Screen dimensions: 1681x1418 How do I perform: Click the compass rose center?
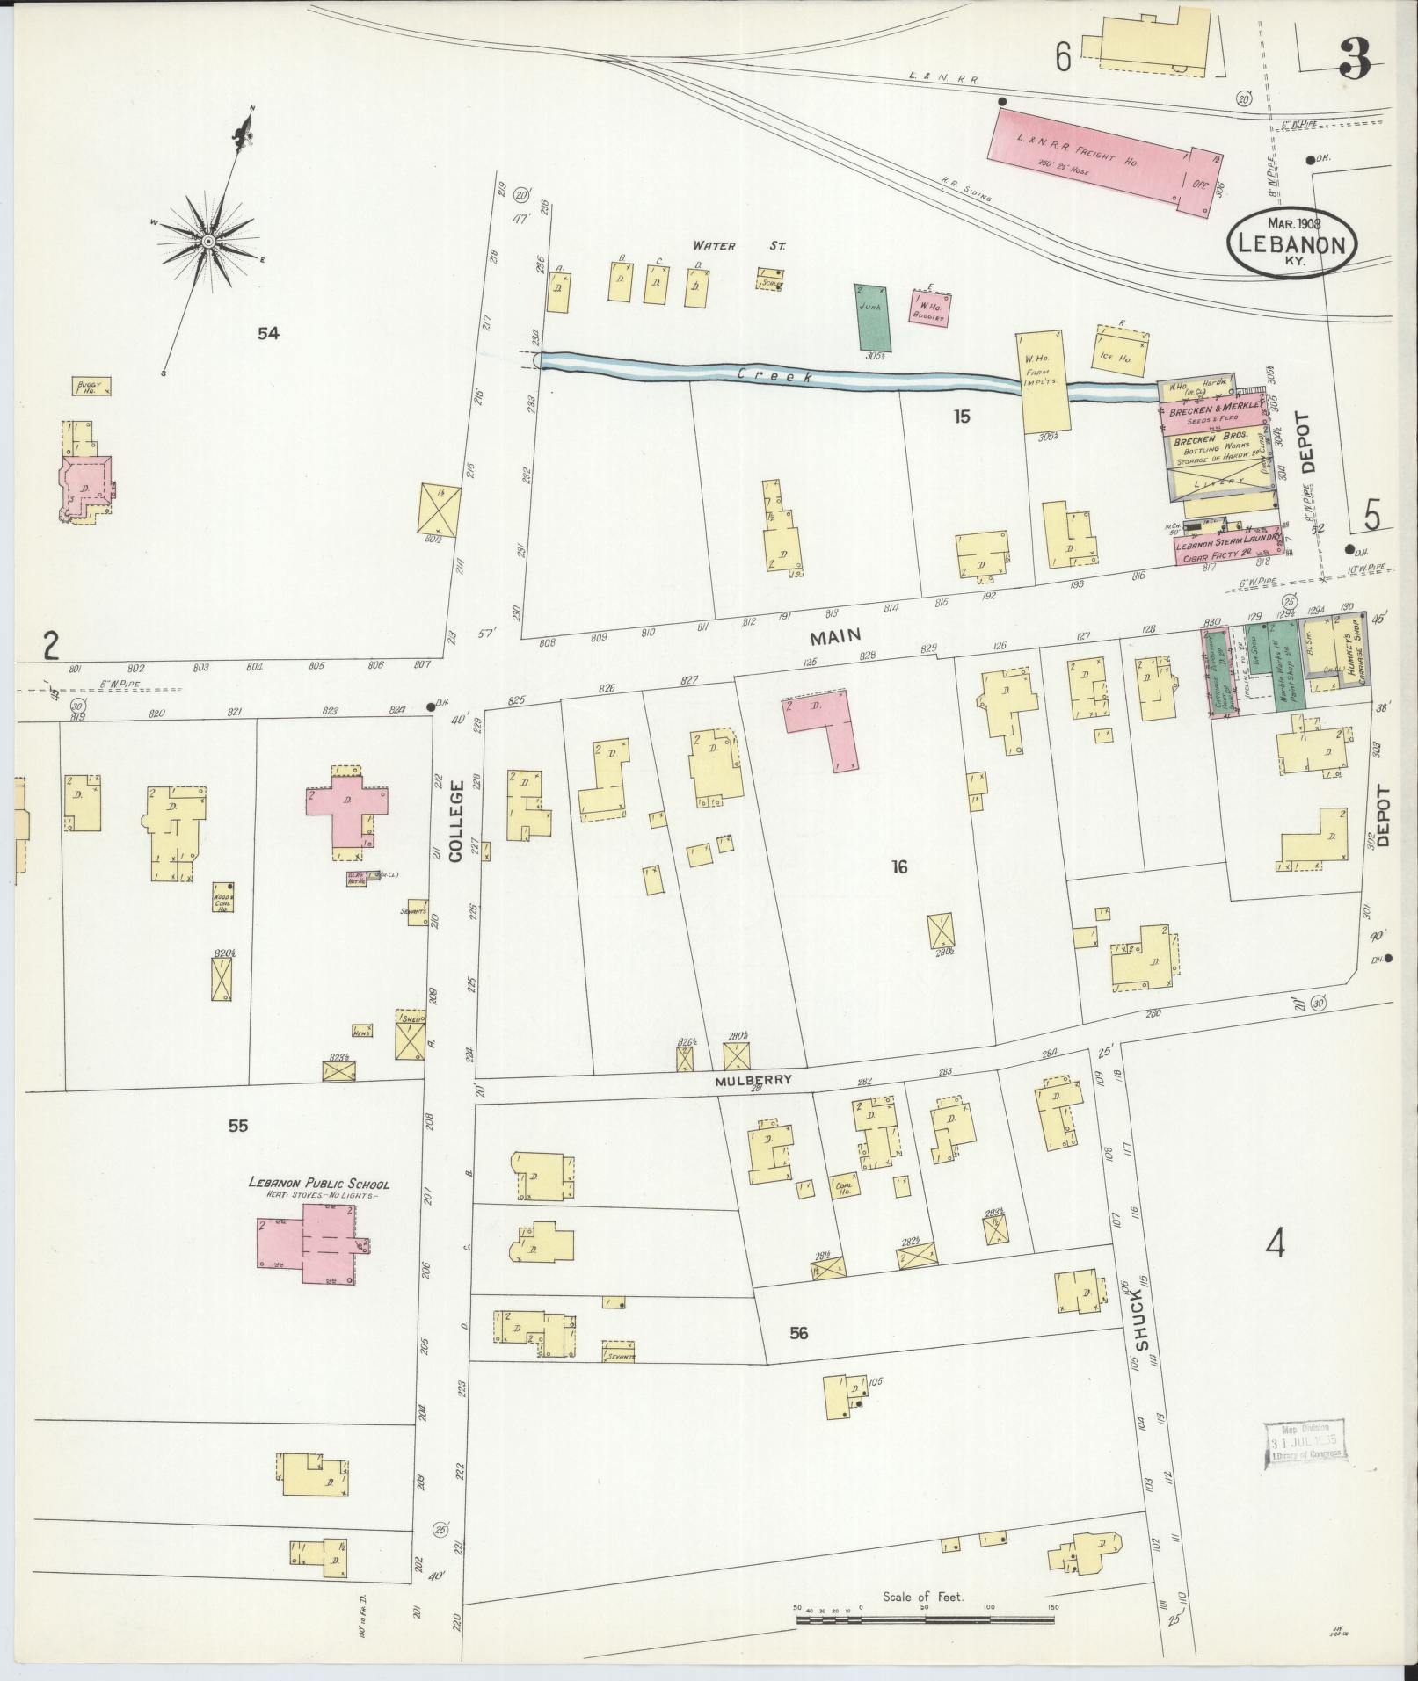point(209,241)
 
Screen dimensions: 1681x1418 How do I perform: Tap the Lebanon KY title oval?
point(1291,243)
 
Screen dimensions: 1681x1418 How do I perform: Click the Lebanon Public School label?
point(318,1183)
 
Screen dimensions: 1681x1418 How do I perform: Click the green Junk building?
point(872,317)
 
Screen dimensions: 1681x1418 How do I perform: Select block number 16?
point(898,867)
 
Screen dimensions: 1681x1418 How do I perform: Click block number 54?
point(268,333)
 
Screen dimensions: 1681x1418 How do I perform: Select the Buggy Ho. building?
point(91,386)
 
